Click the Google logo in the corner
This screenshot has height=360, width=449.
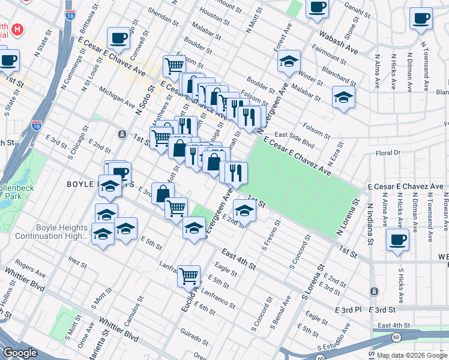tap(20, 353)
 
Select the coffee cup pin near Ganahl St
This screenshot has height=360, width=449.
tap(317, 8)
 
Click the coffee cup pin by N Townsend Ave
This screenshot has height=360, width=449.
tap(421, 18)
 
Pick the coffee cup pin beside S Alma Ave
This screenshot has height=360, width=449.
tap(397, 240)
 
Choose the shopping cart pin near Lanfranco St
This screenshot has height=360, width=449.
tap(189, 276)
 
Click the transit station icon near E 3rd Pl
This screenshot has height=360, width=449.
tap(374, 291)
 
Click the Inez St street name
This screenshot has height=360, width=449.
tap(77, 262)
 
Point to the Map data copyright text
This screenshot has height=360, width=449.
tap(412, 355)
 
